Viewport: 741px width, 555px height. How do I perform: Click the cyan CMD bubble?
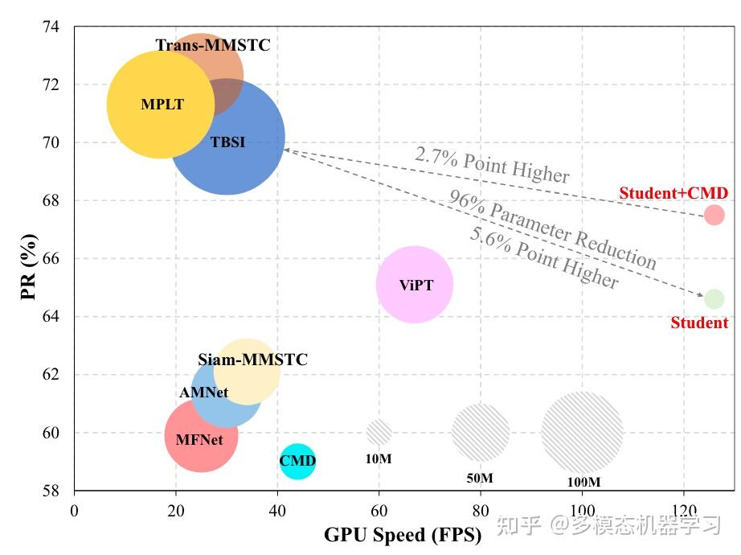(x=297, y=461)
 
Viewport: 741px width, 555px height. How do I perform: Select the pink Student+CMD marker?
(x=714, y=215)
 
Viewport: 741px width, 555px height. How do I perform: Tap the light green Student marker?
(x=714, y=299)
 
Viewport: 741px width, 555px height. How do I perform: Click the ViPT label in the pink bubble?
(x=416, y=285)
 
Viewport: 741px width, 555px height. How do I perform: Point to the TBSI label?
(x=227, y=143)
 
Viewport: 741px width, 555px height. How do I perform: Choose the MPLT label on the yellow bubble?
(x=162, y=105)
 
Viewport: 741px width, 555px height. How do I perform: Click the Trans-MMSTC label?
(x=213, y=46)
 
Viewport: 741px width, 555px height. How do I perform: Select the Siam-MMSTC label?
(x=252, y=360)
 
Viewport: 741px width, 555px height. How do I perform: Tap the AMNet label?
(x=203, y=393)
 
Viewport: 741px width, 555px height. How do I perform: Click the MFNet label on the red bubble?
(x=199, y=439)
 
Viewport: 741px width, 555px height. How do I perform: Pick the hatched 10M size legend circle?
(x=379, y=433)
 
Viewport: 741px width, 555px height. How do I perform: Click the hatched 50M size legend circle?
(x=481, y=433)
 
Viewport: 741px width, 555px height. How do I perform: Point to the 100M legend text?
(x=583, y=482)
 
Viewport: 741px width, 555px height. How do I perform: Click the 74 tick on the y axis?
(x=50, y=27)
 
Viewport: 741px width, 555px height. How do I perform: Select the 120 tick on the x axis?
(x=683, y=509)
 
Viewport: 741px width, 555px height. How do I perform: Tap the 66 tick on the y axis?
(x=50, y=258)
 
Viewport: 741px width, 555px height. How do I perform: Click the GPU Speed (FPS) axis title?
(x=403, y=535)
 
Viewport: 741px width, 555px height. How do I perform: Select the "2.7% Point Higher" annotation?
(x=492, y=165)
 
